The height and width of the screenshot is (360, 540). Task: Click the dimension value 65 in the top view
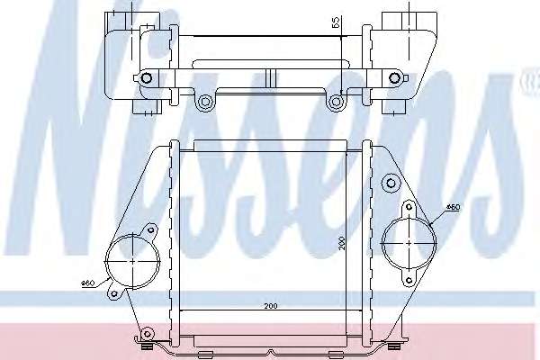pyautogui.click(x=336, y=22)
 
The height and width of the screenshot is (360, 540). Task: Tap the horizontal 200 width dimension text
pyautogui.click(x=271, y=306)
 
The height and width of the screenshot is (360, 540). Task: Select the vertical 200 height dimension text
pyautogui.click(x=342, y=243)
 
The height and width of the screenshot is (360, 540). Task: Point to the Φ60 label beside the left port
pyautogui.click(x=88, y=283)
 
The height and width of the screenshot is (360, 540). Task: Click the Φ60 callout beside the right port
pyautogui.click(x=453, y=207)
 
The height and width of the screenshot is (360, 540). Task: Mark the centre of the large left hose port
pyautogui.click(x=133, y=261)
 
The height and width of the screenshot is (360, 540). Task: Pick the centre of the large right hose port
pyautogui.click(x=409, y=243)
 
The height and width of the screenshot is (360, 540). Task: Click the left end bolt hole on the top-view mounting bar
pyautogui.click(x=147, y=78)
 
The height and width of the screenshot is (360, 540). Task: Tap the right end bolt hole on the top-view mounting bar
pyautogui.click(x=394, y=78)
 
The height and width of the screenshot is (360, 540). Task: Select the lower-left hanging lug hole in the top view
pyautogui.click(x=205, y=102)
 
